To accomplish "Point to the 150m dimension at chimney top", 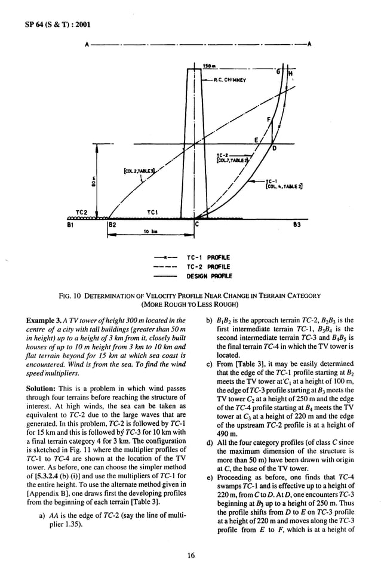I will tap(209, 65).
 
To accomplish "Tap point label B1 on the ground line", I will tap(70, 226).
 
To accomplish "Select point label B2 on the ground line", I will tap(112, 226).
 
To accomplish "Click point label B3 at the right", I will tap(297, 226).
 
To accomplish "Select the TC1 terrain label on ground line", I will tap(152, 212).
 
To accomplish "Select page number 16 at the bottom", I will tap(190, 556).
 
